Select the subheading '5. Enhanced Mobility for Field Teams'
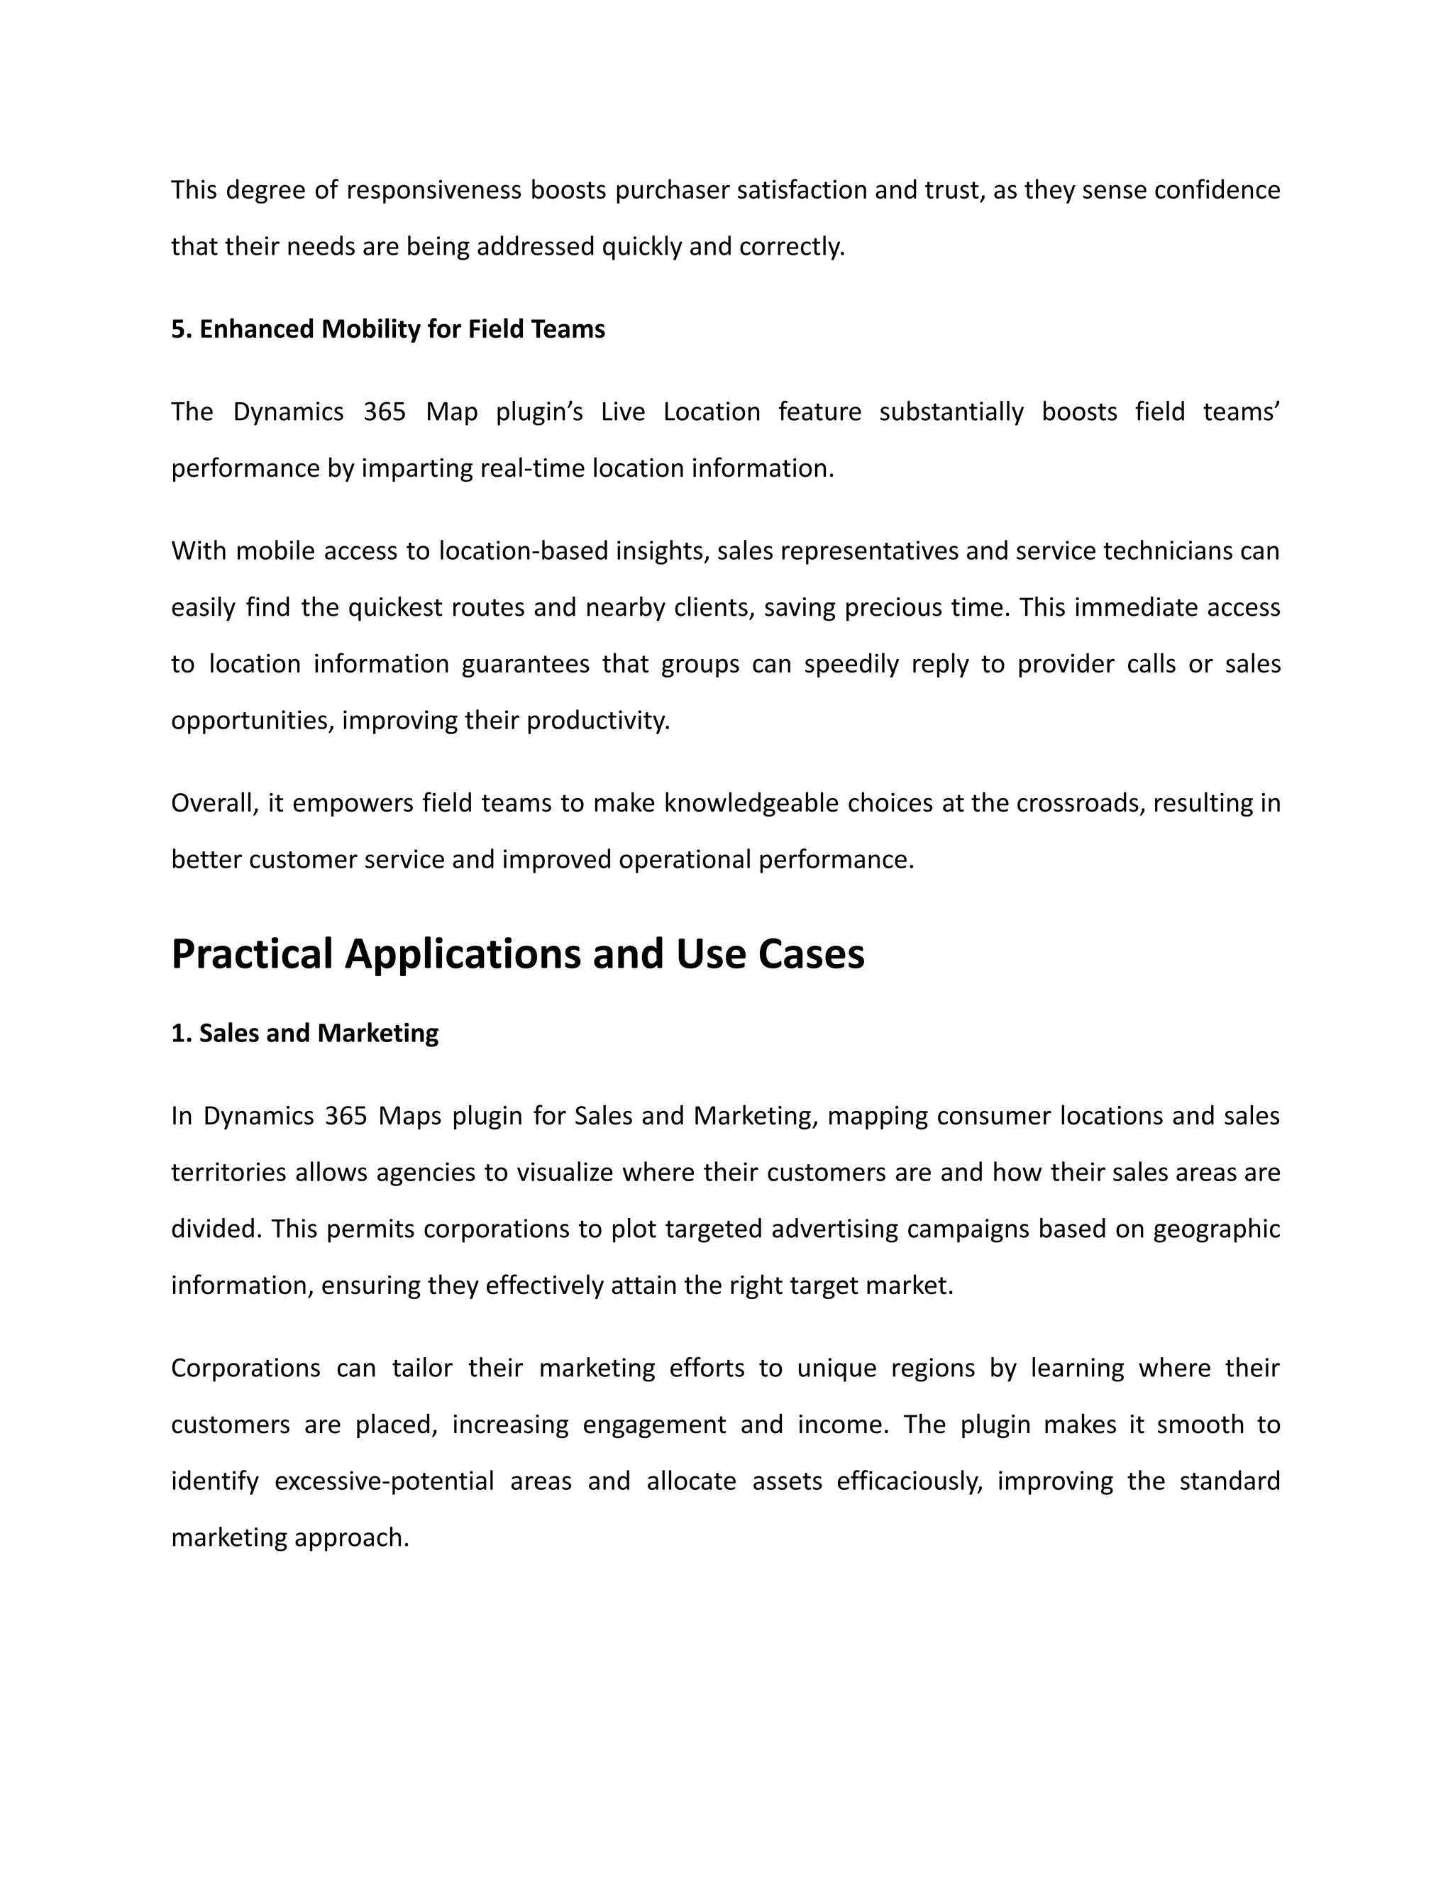(387, 329)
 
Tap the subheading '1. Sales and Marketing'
(304, 1033)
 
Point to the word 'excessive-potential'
(384, 1481)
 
